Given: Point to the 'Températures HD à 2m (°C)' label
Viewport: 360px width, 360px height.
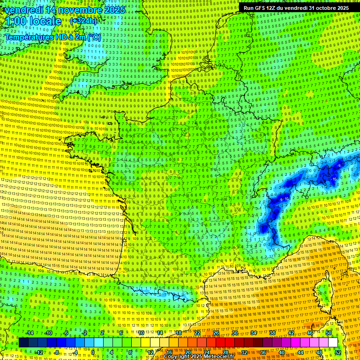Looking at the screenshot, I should pos(52,37).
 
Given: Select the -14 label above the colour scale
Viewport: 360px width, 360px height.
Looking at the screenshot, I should pos(30,333).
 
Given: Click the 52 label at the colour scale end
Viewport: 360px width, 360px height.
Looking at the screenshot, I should pos(338,352).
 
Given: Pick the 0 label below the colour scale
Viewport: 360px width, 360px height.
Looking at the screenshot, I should pos(93,352).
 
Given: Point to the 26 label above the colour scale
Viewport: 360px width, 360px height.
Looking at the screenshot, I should pos(216,333).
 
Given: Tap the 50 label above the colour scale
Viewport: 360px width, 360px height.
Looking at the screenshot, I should pos(328,333).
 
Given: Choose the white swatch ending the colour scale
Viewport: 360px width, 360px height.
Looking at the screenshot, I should pos(333,343).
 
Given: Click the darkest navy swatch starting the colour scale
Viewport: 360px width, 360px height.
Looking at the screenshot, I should pos(23,343).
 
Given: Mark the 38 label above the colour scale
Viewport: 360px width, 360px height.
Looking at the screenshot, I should pos(272,333).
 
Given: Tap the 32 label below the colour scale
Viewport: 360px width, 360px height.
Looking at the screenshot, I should pos(244,352).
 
